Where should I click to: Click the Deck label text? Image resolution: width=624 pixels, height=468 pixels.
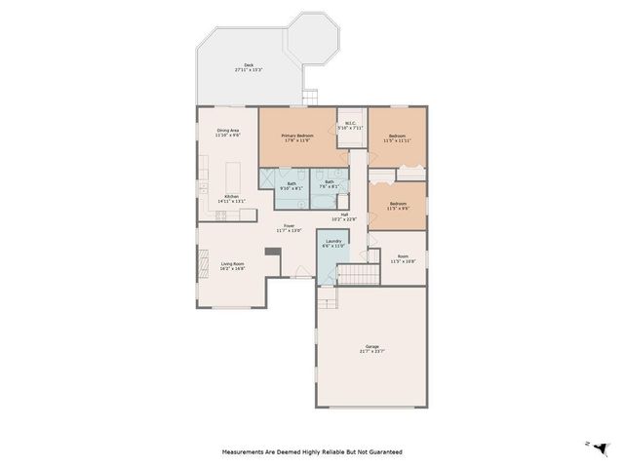(249, 66)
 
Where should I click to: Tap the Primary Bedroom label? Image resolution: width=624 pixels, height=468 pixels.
(296, 136)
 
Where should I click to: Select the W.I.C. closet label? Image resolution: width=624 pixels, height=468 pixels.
(349, 123)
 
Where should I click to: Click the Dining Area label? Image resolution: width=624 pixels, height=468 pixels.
(227, 131)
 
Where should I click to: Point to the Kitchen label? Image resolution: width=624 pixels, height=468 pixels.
(232, 197)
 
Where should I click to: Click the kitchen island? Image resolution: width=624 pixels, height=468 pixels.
(234, 179)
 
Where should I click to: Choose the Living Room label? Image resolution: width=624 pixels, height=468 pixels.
(232, 264)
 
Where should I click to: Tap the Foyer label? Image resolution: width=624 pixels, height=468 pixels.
(289, 226)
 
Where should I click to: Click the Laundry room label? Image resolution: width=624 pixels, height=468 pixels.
(333, 242)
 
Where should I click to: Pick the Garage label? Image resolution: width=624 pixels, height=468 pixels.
(372, 346)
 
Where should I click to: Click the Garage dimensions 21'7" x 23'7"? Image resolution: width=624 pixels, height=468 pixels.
(372, 351)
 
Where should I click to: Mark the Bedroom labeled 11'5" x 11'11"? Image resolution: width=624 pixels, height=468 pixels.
(398, 136)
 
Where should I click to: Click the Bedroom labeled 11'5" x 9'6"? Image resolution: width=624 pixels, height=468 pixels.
(398, 204)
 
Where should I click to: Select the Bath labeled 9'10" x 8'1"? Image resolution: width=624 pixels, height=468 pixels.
(292, 183)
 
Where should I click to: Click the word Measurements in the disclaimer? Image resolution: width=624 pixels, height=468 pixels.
(247, 452)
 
